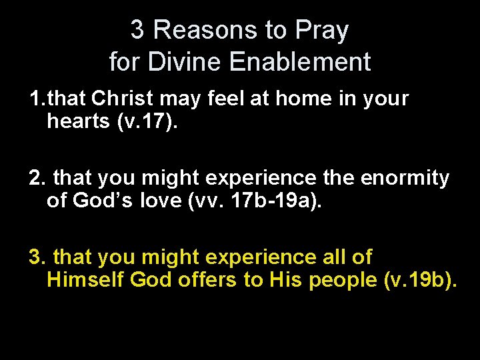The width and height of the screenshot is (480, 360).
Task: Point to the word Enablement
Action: click(299, 62)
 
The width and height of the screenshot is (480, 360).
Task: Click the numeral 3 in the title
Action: click(137, 30)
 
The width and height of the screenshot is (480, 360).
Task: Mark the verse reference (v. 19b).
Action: click(421, 280)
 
